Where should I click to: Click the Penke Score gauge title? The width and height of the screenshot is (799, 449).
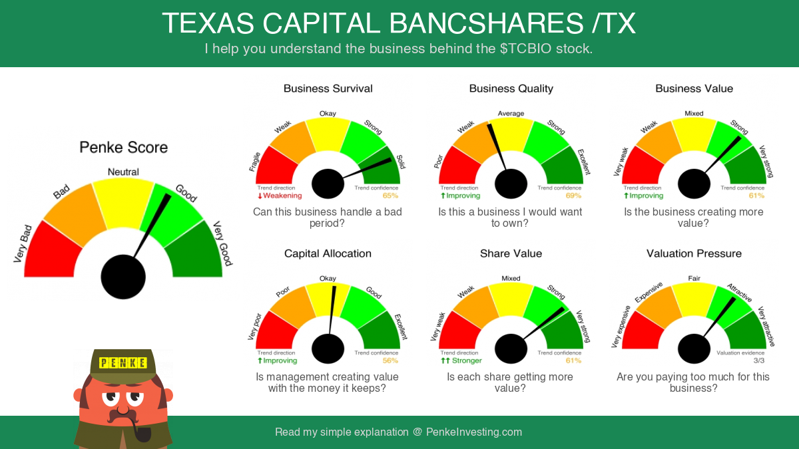tap(123, 147)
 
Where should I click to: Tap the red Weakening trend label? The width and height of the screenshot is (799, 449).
tap(280, 196)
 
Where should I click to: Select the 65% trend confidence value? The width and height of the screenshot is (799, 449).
tap(390, 196)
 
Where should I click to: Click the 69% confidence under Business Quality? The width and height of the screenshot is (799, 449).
tap(573, 196)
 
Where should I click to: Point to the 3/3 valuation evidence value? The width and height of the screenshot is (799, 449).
tap(759, 361)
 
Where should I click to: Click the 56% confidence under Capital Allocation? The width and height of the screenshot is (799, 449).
tap(390, 361)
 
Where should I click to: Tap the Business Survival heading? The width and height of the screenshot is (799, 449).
tap(328, 88)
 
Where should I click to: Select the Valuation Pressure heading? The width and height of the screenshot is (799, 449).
tap(694, 253)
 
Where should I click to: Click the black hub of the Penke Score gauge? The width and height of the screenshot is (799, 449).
tap(123, 277)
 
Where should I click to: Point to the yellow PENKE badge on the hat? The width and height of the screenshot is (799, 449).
tap(123, 363)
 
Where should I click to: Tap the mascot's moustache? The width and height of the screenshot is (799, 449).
tap(123, 416)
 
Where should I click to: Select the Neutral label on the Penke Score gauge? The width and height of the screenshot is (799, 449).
tap(123, 172)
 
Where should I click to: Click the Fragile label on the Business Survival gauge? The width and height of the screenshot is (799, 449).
tap(254, 162)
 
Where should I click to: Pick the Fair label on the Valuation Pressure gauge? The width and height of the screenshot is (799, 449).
tap(694, 278)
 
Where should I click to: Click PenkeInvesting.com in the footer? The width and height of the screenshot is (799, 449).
tap(474, 432)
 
